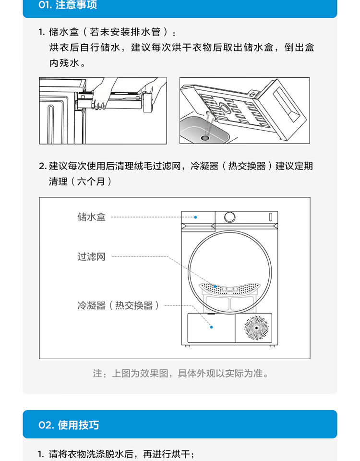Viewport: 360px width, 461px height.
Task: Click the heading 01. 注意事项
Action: coord(68,5)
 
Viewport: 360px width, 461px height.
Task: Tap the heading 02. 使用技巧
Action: coord(69,425)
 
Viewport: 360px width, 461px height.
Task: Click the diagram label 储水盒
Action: coord(91,217)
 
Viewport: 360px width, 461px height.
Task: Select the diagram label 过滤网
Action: coord(91,256)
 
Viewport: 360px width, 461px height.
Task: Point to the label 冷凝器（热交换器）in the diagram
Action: coord(119,305)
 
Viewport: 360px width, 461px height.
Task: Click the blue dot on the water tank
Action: coord(195,217)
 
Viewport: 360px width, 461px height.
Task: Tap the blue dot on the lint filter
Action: coord(215,286)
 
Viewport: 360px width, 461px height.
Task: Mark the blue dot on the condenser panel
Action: coord(211,327)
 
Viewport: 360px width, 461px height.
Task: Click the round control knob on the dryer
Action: coord(229,217)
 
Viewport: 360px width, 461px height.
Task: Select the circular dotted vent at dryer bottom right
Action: coord(256,328)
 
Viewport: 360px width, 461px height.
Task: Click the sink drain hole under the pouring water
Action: coord(205,138)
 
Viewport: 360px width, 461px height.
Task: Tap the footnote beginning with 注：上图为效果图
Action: coord(181,374)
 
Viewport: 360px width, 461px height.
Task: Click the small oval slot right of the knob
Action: coord(270,217)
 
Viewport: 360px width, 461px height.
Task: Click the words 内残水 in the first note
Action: coord(64,62)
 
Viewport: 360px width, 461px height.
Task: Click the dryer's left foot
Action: coord(188,346)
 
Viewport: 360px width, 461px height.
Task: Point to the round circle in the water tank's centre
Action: coord(226,108)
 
